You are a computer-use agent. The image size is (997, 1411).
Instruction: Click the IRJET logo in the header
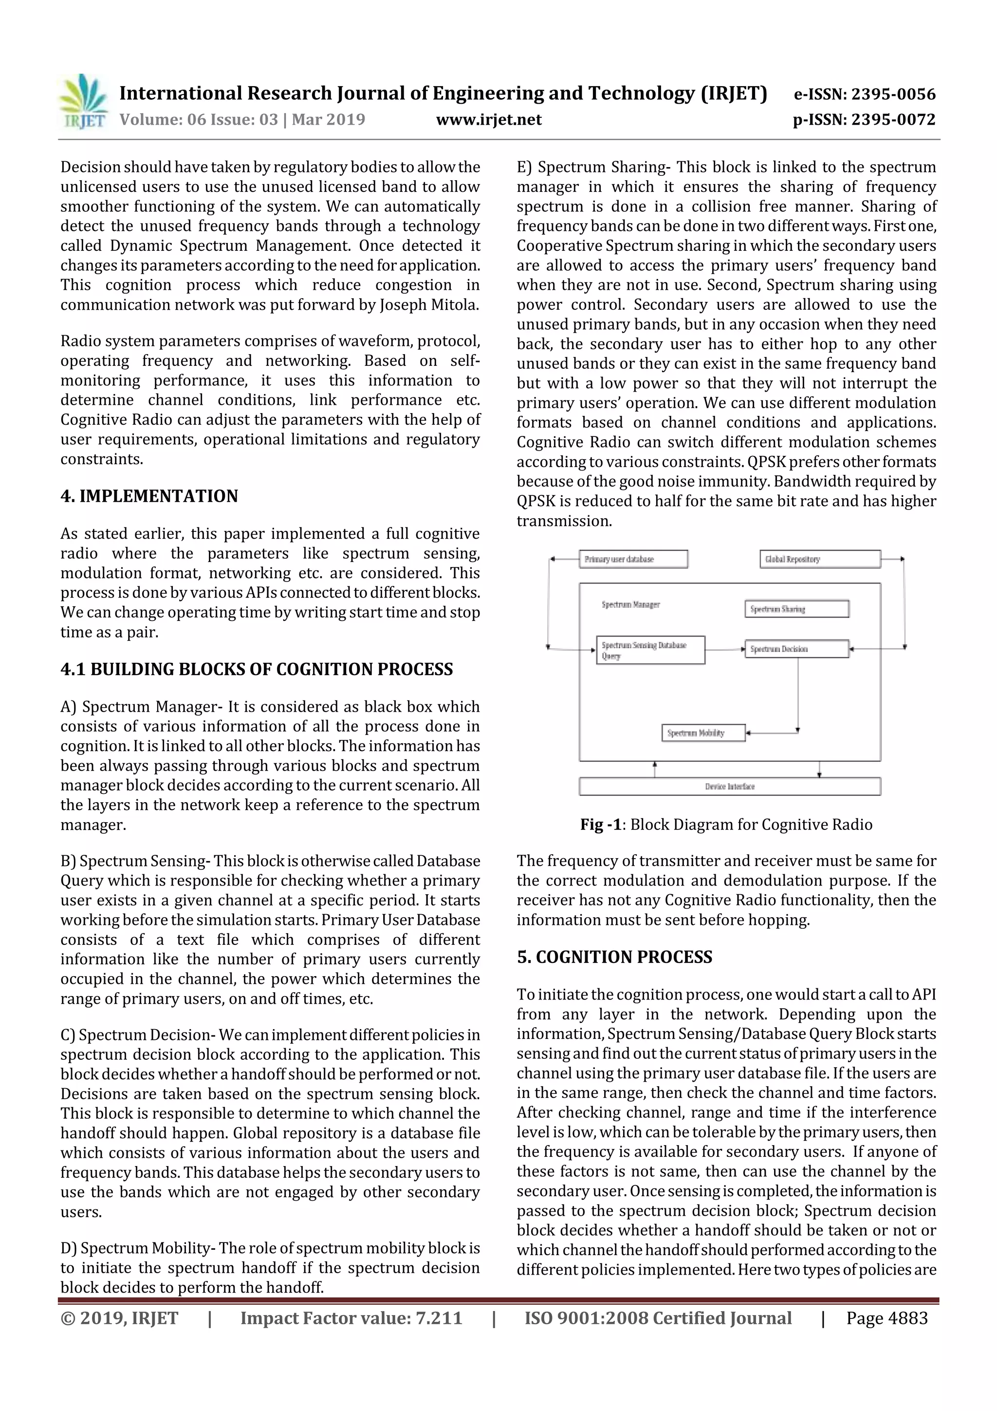[x=83, y=102]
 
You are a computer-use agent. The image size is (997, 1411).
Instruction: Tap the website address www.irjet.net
[x=488, y=119]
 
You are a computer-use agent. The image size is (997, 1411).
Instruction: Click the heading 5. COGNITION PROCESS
[x=614, y=957]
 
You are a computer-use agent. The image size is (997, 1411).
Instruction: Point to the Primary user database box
[x=633, y=559]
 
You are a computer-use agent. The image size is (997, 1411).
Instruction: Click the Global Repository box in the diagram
[x=819, y=559]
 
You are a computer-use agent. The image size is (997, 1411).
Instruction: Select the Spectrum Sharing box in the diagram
[x=797, y=609]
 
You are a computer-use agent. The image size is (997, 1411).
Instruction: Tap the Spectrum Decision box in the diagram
[x=797, y=649]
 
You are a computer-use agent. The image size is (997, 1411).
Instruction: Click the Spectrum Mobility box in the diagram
[x=703, y=733]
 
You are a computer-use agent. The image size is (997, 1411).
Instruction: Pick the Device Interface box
[x=730, y=787]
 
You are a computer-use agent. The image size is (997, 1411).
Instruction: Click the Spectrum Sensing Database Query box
[x=650, y=650]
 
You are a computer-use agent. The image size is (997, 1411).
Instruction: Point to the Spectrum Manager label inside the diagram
[x=630, y=605]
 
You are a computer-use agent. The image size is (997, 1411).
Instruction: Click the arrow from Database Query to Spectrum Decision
[x=725, y=649]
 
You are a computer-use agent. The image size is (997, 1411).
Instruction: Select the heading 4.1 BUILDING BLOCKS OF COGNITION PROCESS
[x=256, y=669]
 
